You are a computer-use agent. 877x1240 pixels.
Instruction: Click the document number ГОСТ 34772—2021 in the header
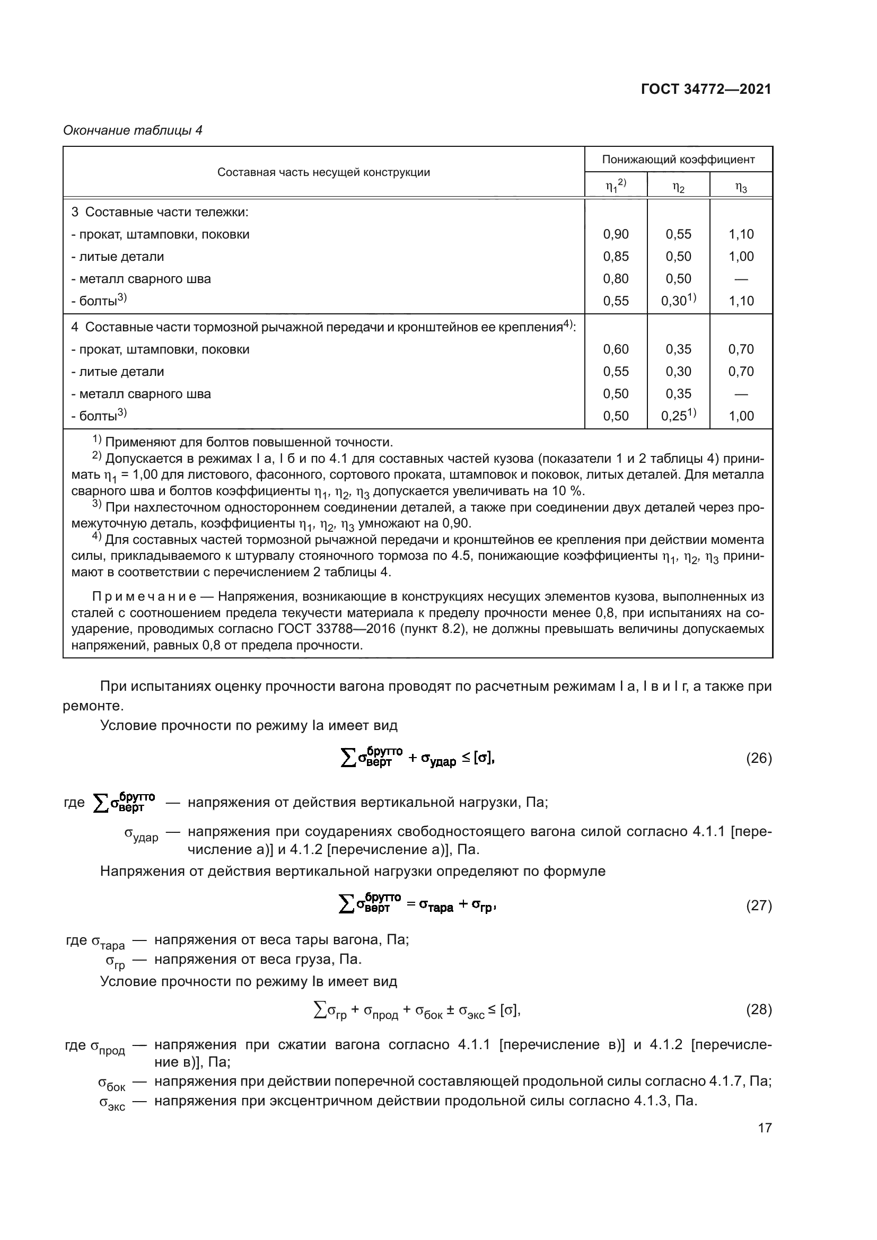(x=706, y=89)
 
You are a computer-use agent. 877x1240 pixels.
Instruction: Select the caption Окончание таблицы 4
(x=133, y=130)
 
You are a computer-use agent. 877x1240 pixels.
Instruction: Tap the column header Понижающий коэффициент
(x=678, y=160)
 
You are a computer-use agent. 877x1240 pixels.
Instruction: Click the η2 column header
(x=678, y=187)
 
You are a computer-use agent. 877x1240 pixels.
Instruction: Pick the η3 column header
(x=741, y=187)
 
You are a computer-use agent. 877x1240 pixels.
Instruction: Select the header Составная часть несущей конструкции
(x=323, y=172)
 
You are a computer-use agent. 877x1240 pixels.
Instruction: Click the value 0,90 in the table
(x=616, y=234)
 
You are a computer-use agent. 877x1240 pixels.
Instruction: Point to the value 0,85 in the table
(x=616, y=257)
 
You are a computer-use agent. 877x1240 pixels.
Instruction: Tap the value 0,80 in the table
(x=616, y=279)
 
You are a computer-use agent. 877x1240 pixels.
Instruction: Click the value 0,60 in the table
(x=616, y=349)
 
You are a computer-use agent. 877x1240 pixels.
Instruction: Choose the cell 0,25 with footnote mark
(x=678, y=415)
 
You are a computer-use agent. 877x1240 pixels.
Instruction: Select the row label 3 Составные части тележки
(x=160, y=212)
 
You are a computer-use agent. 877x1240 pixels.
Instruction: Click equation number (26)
(x=759, y=759)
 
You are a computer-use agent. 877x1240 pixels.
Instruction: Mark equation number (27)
(x=759, y=905)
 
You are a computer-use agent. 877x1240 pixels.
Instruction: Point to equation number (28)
(x=759, y=1009)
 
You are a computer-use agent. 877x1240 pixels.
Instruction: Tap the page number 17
(x=765, y=1128)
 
